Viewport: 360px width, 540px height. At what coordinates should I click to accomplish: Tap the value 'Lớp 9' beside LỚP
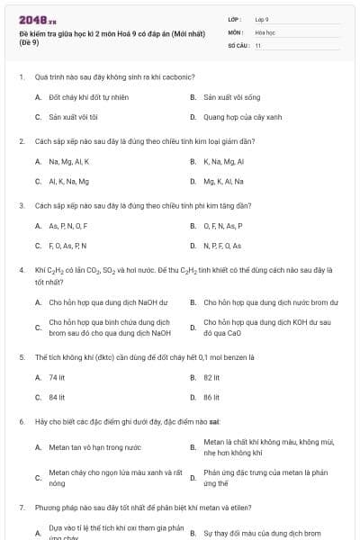coord(262,18)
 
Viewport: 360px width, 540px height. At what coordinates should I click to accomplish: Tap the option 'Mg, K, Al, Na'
coord(223,181)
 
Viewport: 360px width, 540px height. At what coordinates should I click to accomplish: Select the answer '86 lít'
coord(211,397)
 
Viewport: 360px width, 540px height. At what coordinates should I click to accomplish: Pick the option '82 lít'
coord(211,377)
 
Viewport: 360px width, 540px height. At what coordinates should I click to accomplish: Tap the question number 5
coord(21,356)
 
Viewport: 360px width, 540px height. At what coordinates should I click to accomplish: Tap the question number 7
coord(21,508)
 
